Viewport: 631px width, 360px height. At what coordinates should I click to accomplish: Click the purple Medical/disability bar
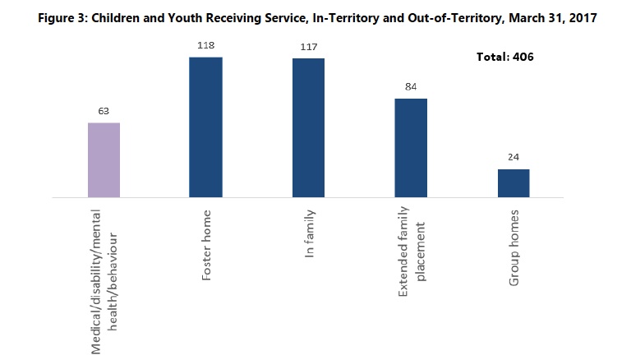[104, 160]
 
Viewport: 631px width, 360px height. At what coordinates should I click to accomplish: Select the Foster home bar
[205, 127]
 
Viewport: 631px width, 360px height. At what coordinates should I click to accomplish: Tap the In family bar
[308, 128]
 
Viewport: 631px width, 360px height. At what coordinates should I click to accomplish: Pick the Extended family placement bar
[411, 148]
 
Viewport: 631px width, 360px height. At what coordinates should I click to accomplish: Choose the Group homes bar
[514, 183]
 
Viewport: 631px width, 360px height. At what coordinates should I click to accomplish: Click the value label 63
[104, 109]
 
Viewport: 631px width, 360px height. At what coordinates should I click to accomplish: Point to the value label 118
[205, 44]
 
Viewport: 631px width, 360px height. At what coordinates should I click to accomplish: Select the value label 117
[308, 46]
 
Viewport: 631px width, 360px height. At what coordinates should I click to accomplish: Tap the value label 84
[411, 85]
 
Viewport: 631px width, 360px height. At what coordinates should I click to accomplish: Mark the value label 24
[514, 156]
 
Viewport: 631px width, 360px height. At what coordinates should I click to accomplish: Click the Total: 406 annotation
[505, 58]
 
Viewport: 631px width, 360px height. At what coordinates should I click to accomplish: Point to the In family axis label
[309, 238]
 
